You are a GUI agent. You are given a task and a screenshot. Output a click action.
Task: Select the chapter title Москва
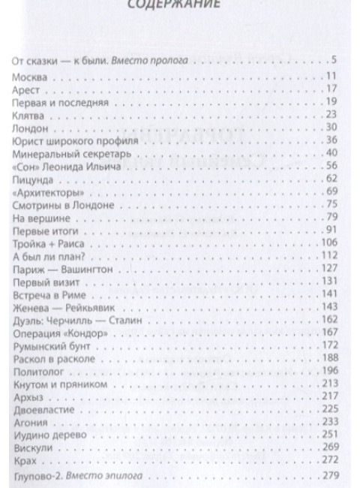[x=31, y=77]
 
